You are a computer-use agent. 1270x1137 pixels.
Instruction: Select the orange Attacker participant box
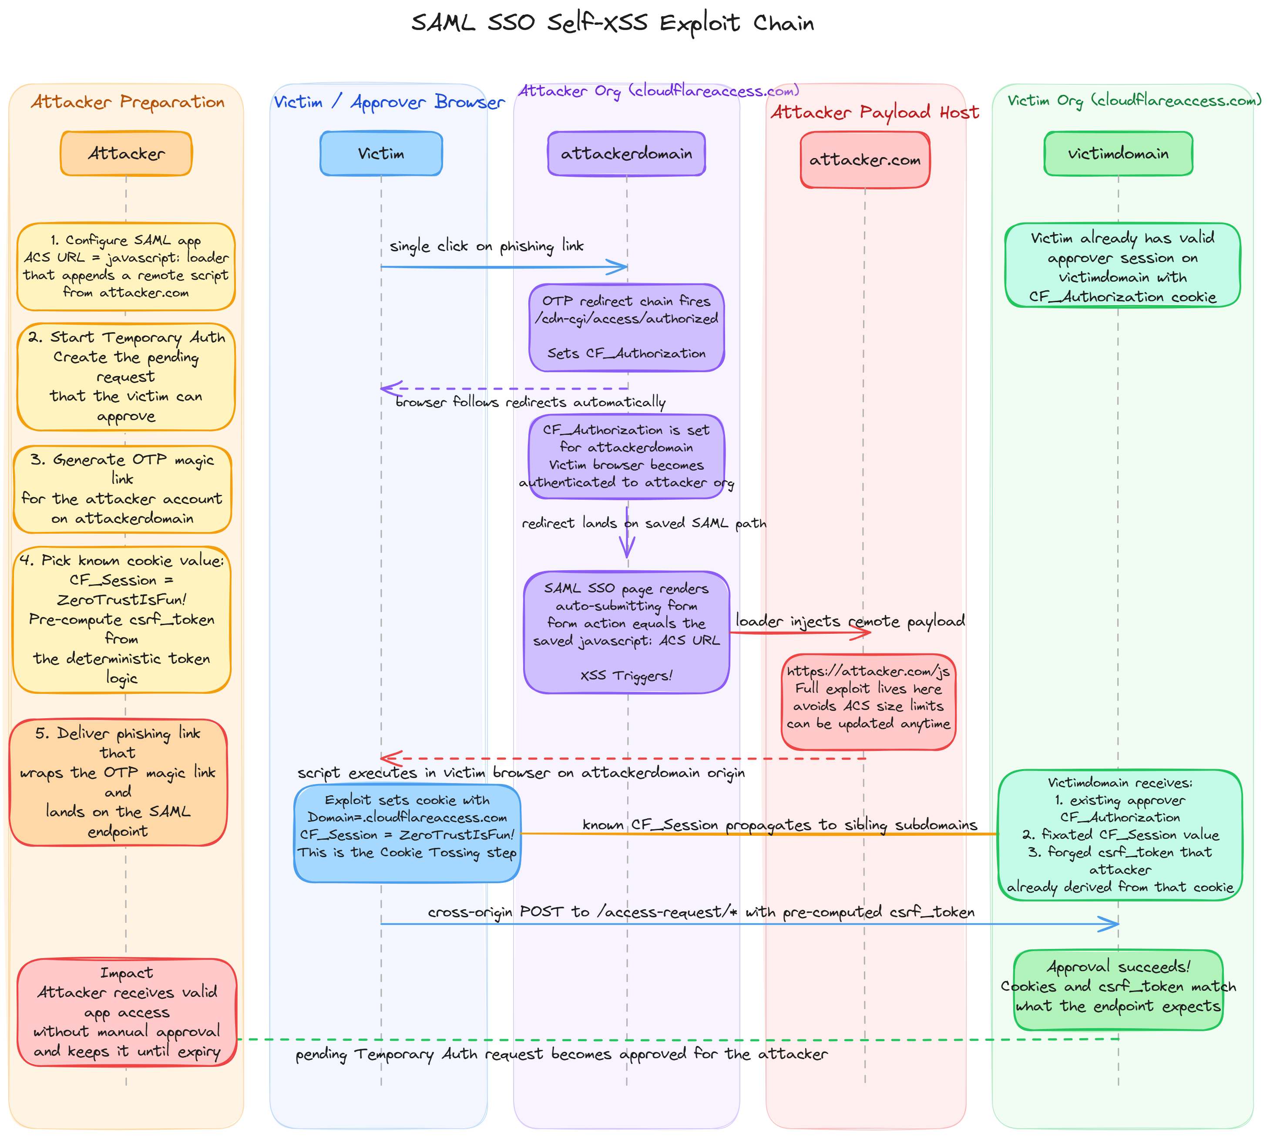[x=126, y=154]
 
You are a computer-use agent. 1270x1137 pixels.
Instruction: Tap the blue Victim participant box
[x=381, y=154]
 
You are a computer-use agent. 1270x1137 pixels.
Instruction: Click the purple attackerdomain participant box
[x=627, y=154]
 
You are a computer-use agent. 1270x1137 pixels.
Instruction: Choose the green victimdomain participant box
[x=1118, y=154]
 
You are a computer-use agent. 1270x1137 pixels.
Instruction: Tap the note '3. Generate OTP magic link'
[x=122, y=489]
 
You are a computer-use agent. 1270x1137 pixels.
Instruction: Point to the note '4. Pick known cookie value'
[x=122, y=619]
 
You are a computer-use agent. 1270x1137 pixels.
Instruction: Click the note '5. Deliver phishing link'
[x=118, y=782]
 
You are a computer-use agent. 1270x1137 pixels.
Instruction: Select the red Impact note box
[x=127, y=1012]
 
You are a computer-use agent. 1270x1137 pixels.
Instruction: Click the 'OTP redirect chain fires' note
[x=627, y=327]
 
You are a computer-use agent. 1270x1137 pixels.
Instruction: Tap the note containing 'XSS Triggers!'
[x=627, y=632]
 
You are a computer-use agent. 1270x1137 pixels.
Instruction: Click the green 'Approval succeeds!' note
[x=1118, y=989]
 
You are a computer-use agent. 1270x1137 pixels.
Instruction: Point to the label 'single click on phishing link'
[x=487, y=246]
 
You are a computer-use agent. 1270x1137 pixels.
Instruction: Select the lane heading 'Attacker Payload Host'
[x=874, y=112]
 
